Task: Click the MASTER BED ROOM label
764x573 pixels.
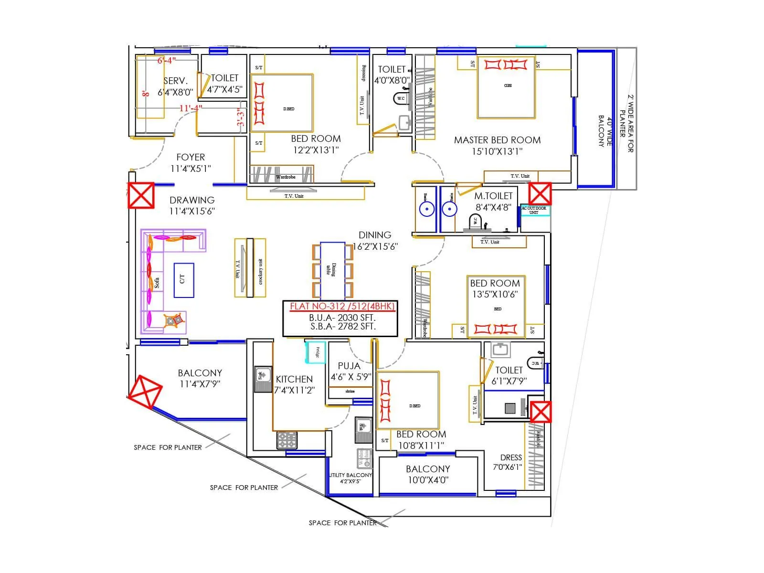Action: coord(497,140)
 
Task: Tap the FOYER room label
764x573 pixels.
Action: coord(191,157)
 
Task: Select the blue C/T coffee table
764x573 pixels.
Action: coord(183,280)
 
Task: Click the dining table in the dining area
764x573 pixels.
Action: coord(332,270)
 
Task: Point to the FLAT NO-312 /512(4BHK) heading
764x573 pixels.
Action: coord(342,307)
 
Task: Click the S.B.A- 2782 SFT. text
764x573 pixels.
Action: coord(343,327)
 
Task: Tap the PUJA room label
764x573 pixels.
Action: coord(349,366)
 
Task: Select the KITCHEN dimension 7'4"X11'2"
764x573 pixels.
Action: coord(294,390)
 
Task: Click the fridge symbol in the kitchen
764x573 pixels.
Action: coord(316,352)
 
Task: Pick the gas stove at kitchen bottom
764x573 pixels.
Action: coord(287,440)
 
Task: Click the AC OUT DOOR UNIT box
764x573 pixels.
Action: coord(534,210)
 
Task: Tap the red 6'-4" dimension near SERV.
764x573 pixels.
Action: coord(167,61)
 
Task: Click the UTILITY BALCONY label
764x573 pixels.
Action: coord(350,475)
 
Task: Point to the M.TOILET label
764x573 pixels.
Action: coord(493,196)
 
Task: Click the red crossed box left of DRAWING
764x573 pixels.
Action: coord(141,195)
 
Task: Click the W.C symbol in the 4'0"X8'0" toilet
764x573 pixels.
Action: coord(401,98)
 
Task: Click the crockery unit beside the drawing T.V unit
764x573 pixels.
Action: coord(260,268)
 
